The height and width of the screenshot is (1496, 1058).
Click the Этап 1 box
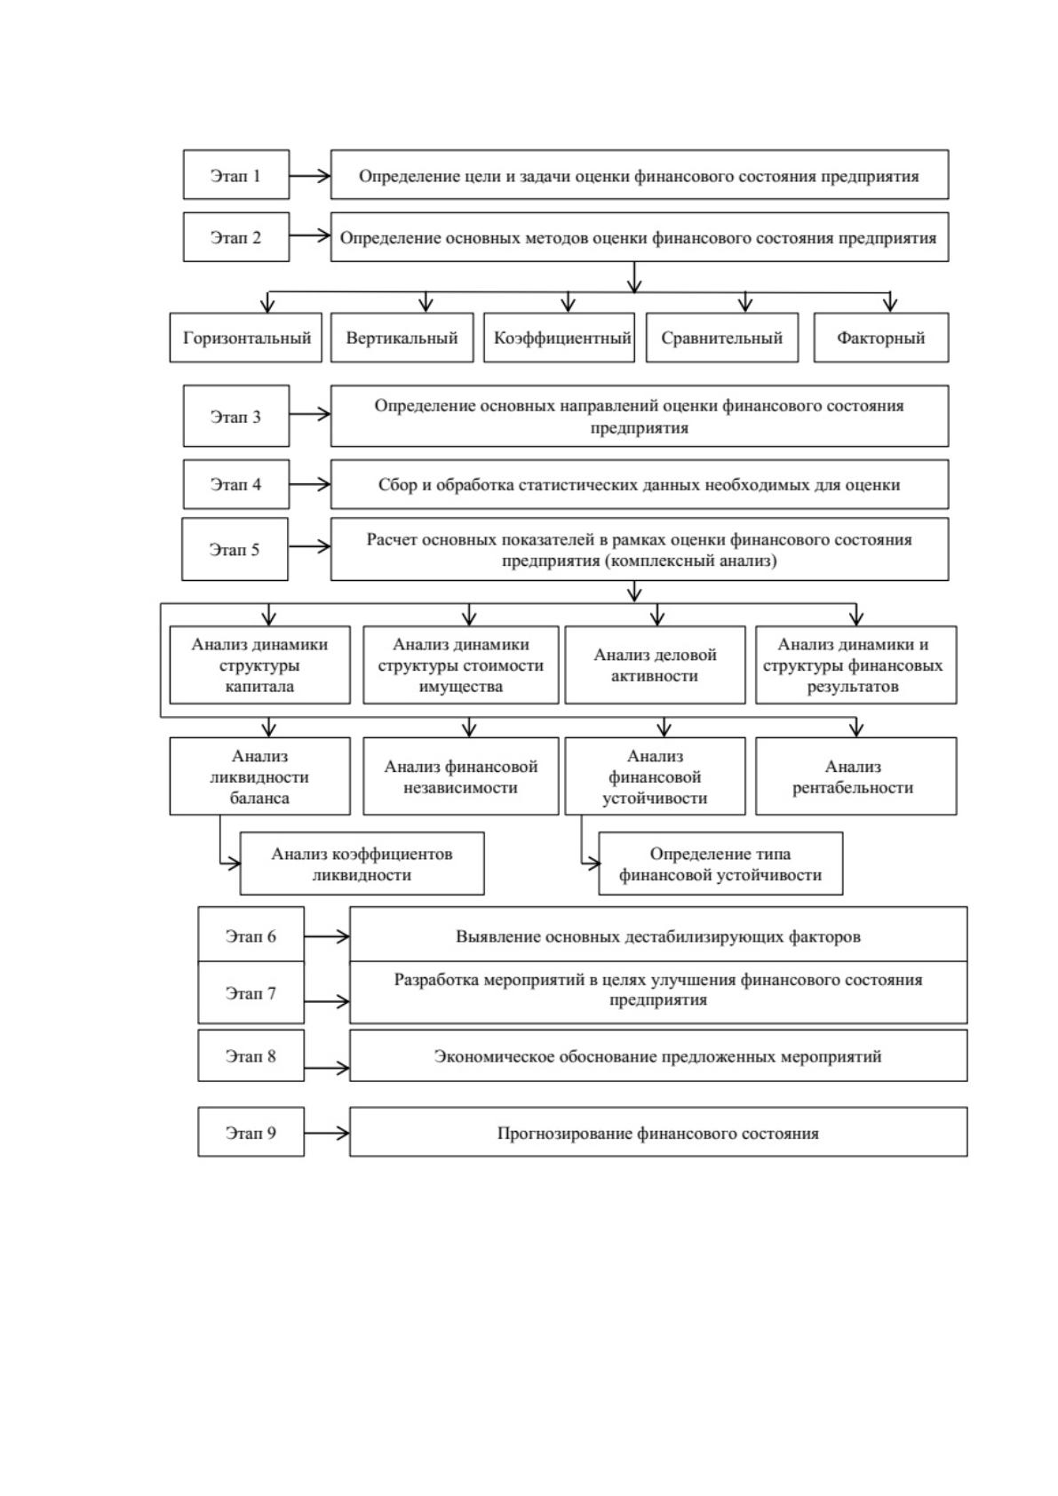(235, 174)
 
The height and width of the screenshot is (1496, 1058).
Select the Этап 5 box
(235, 549)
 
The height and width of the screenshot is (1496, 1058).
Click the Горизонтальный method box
(245, 338)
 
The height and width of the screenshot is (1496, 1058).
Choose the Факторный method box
(880, 338)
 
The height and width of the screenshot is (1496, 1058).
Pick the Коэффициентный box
(559, 338)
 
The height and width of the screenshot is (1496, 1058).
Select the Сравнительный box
(722, 338)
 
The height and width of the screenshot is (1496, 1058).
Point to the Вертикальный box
(402, 338)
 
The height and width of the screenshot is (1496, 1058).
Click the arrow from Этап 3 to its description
(310, 414)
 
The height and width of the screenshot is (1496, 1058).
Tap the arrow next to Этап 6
(327, 936)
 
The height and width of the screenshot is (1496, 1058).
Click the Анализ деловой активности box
(655, 664)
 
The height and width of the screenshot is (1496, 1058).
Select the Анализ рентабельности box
(855, 776)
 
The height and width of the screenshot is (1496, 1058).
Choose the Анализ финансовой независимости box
(461, 776)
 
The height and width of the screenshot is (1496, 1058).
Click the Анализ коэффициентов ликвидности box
(362, 863)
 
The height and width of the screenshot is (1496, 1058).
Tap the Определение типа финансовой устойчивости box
(720, 863)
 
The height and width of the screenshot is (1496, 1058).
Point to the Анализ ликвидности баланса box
(259, 776)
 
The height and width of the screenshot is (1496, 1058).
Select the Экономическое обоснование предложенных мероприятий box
(658, 1055)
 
